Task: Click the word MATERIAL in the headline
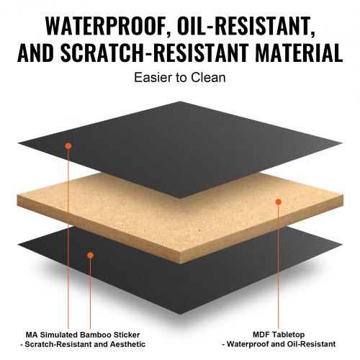tap(299, 53)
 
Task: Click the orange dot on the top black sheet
tap(68, 145)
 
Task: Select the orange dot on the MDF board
tap(279, 202)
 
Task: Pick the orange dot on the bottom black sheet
tap(91, 255)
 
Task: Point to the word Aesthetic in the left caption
tap(127, 344)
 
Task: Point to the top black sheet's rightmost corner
tap(342, 143)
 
